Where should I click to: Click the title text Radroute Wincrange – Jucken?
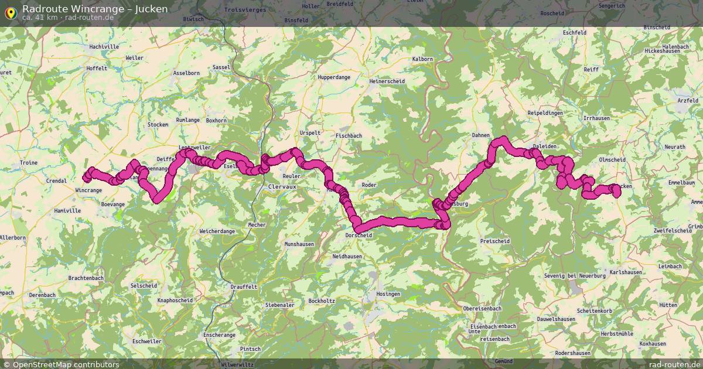95,9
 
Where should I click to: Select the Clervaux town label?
282,186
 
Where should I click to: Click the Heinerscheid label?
387,81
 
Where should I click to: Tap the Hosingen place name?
388,293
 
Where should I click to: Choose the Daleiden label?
544,146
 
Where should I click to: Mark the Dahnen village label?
480,135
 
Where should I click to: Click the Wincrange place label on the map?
89,190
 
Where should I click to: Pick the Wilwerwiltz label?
237,364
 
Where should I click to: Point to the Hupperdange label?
334,77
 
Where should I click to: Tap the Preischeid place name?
494,241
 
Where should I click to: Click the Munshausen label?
299,244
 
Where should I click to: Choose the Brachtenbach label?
86,278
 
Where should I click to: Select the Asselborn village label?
187,73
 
